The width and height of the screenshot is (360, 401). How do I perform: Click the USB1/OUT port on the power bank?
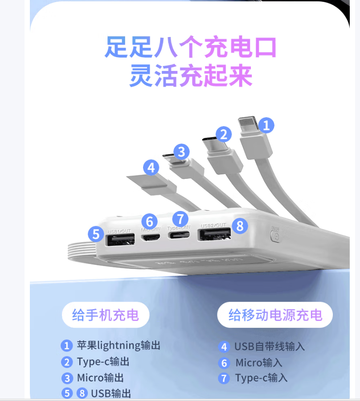click(x=120, y=240)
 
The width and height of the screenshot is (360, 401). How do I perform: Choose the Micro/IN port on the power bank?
click(x=151, y=236)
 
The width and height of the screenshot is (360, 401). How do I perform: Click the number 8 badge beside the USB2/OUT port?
click(x=240, y=226)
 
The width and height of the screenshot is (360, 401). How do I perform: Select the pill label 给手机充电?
click(x=105, y=315)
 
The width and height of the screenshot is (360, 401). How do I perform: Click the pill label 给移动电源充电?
click(x=275, y=315)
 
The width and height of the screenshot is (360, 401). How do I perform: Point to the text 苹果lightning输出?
click(x=119, y=345)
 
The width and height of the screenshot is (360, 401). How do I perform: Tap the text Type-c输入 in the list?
click(x=262, y=378)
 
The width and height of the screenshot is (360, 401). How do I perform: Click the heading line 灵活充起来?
click(x=191, y=76)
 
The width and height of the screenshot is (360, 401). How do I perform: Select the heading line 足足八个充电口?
click(x=191, y=47)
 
